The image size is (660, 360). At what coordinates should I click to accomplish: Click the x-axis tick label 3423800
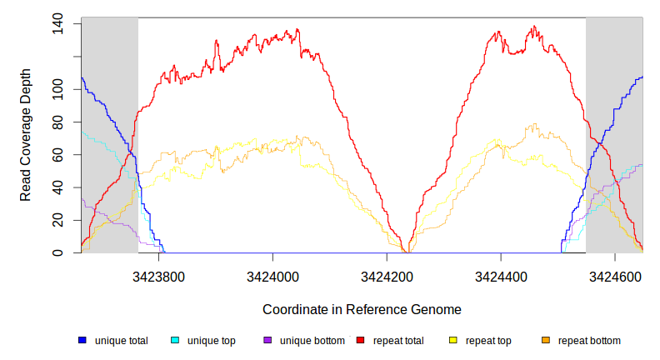(158, 275)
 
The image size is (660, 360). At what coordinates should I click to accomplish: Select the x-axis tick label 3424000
(272, 275)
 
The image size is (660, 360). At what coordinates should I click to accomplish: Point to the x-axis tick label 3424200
(387, 275)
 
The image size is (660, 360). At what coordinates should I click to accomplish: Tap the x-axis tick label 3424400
(501, 275)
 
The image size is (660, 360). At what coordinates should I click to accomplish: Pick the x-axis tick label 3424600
(615, 275)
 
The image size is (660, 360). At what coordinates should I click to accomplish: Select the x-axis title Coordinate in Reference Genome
(362, 309)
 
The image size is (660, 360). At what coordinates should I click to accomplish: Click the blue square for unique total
(82, 341)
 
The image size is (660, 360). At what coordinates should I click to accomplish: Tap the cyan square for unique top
(175, 341)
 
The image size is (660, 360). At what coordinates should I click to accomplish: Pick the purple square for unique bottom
(267, 341)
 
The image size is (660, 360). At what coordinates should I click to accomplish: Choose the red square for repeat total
(360, 341)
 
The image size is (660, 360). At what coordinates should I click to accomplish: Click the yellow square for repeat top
(453, 341)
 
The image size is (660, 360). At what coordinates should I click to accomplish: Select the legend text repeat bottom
(589, 341)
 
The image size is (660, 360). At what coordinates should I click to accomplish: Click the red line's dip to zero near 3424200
(404, 251)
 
